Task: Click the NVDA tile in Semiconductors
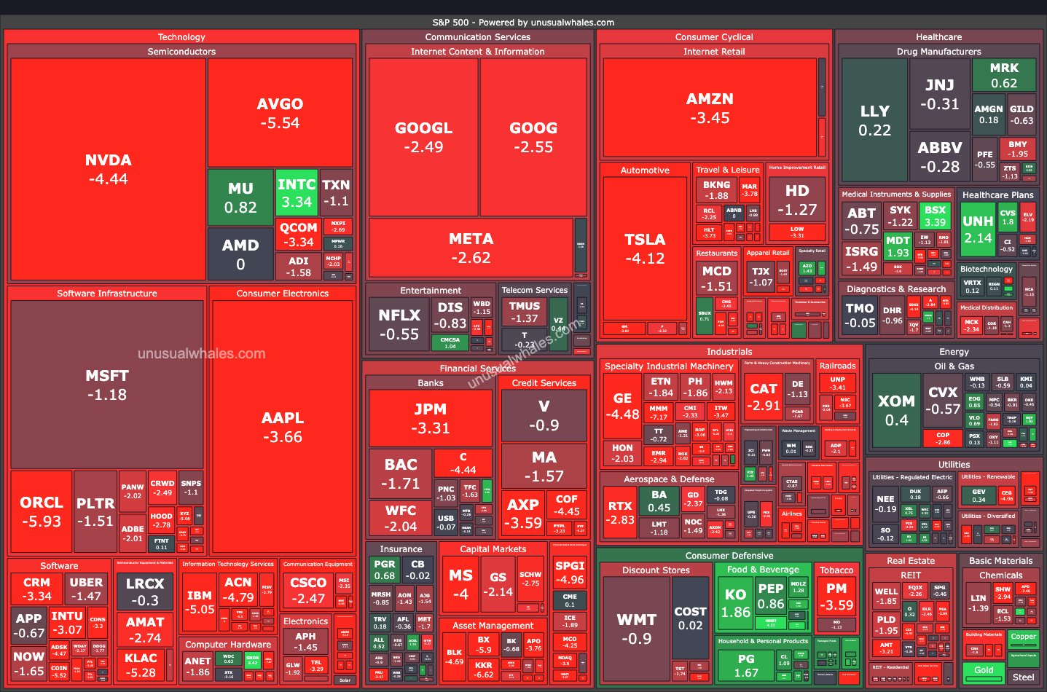click(108, 169)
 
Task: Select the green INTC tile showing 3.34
click(297, 193)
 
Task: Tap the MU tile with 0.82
click(240, 197)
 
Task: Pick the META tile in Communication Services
click(471, 248)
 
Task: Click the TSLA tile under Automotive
click(645, 248)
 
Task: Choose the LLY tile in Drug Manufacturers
click(874, 120)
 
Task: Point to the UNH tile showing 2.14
click(977, 229)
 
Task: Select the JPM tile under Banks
click(430, 418)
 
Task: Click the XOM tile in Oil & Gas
click(895, 410)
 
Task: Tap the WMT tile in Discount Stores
click(636, 628)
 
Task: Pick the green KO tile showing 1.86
click(735, 603)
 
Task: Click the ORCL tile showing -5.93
click(42, 511)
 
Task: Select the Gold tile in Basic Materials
click(984, 671)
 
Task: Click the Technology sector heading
click(181, 37)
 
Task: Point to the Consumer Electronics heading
click(282, 294)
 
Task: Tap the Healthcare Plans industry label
click(997, 195)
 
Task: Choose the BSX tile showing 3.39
click(935, 216)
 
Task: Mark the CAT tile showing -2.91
click(763, 397)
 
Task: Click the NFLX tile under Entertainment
click(399, 324)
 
